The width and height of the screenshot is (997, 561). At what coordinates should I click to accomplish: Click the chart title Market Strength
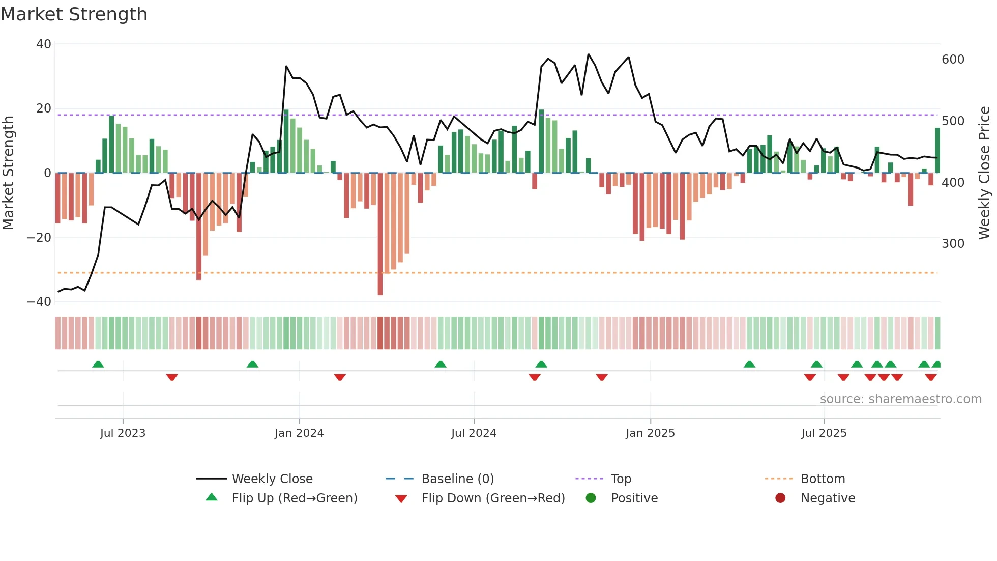(x=74, y=14)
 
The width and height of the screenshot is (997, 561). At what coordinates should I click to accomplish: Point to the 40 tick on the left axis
(x=44, y=44)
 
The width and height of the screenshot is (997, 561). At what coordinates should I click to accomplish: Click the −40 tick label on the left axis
(x=39, y=302)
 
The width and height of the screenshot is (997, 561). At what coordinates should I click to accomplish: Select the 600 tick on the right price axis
(x=953, y=60)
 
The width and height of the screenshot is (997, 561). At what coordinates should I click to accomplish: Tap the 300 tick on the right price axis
(x=953, y=244)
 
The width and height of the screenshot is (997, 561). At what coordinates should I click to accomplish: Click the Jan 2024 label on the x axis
(x=299, y=433)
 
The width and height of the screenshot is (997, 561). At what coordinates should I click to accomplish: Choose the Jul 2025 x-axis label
(x=824, y=433)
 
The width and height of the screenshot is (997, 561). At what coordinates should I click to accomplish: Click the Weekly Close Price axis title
(x=984, y=173)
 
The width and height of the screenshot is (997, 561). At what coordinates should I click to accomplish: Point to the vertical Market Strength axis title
(x=9, y=173)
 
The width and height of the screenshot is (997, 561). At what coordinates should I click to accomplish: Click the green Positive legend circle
(x=591, y=498)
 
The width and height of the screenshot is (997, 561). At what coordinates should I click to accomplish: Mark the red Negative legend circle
(x=780, y=498)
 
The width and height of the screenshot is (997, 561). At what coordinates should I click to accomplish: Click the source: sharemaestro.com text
(x=900, y=399)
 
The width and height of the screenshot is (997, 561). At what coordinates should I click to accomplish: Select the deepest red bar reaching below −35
(x=380, y=234)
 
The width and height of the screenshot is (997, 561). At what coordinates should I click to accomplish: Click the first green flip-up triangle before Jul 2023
(x=98, y=364)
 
